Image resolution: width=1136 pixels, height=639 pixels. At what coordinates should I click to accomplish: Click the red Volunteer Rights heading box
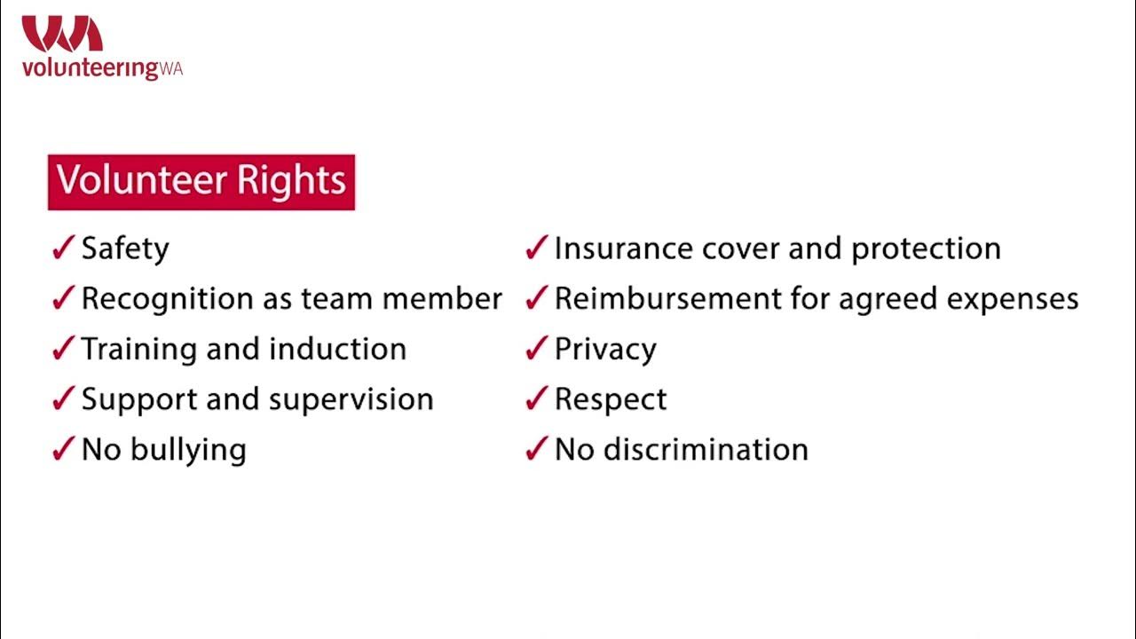point(201,182)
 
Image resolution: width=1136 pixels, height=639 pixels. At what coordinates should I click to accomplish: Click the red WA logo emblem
point(62,34)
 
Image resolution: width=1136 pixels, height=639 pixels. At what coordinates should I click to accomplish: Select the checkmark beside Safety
point(62,249)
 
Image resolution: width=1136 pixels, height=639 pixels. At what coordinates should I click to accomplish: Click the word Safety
point(125,249)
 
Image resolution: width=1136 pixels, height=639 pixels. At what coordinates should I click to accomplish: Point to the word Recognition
point(168,300)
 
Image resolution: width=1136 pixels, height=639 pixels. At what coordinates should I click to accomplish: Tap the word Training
point(138,350)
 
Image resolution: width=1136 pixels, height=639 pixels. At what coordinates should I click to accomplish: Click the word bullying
point(188,451)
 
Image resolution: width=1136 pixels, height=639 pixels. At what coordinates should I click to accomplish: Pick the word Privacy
point(605,350)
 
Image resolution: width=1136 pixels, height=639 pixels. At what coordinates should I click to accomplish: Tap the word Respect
point(611,400)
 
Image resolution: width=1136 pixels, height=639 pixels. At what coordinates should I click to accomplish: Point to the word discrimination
point(706,449)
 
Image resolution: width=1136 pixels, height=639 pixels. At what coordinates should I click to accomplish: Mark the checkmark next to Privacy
point(535,350)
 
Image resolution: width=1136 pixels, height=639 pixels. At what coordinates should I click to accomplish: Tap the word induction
point(337,350)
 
